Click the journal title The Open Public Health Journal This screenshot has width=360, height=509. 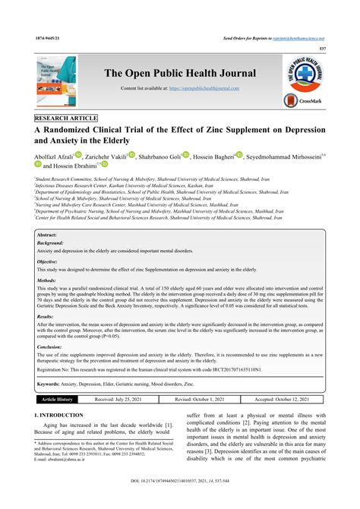click(179, 73)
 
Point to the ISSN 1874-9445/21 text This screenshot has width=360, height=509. click(46, 37)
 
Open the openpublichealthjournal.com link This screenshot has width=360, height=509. click(210, 90)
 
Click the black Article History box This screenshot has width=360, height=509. click(57, 398)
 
